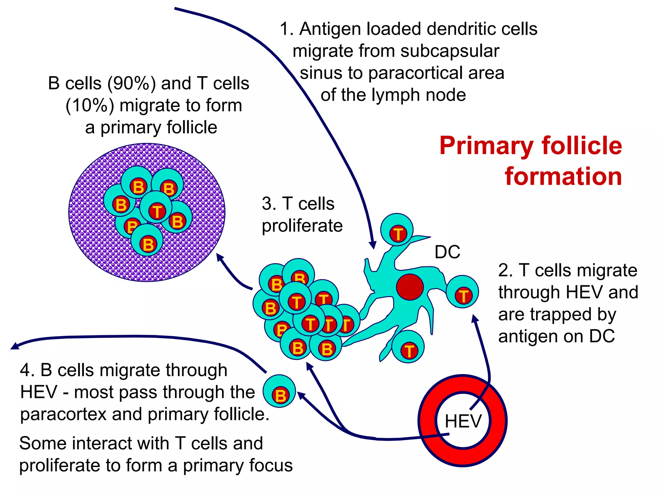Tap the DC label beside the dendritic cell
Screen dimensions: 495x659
pos(447,252)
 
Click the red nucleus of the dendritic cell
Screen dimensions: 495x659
pos(410,287)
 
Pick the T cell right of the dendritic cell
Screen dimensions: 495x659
pos(462,292)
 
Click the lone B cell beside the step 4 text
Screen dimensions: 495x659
pos(279,391)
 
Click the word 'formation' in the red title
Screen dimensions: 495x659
pos(563,176)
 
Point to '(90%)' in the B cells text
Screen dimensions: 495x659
pos(132,83)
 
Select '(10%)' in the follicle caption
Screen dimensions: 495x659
pos(90,105)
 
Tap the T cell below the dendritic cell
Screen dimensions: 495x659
pos(408,347)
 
